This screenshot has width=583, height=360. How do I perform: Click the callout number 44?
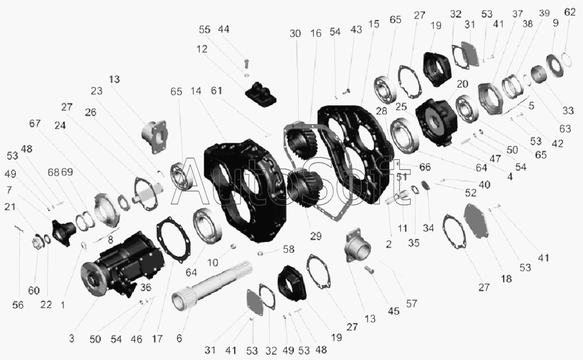pyautogui.click(x=223, y=30)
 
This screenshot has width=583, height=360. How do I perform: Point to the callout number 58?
pyautogui.click(x=288, y=249)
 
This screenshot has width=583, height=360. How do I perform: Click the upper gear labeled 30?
pyautogui.click(x=302, y=140)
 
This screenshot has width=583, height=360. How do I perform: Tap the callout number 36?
pyautogui.click(x=146, y=287)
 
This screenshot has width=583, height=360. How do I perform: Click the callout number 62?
pyautogui.click(x=570, y=12)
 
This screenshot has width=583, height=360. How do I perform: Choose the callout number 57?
pyautogui.click(x=411, y=304)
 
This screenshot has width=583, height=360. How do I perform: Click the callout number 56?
pyautogui.click(x=18, y=305)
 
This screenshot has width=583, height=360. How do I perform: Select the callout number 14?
pyautogui.click(x=195, y=91)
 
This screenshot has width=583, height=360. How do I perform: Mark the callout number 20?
pyautogui.click(x=462, y=84)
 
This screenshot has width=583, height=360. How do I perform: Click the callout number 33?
pyautogui.click(x=568, y=111)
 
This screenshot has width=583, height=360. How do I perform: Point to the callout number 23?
pyautogui.click(x=96, y=91)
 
